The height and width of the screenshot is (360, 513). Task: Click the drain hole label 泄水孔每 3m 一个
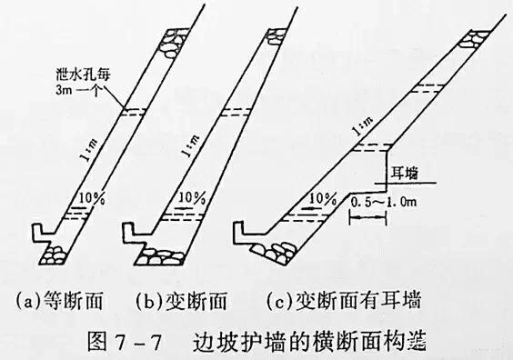(x=78, y=85)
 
